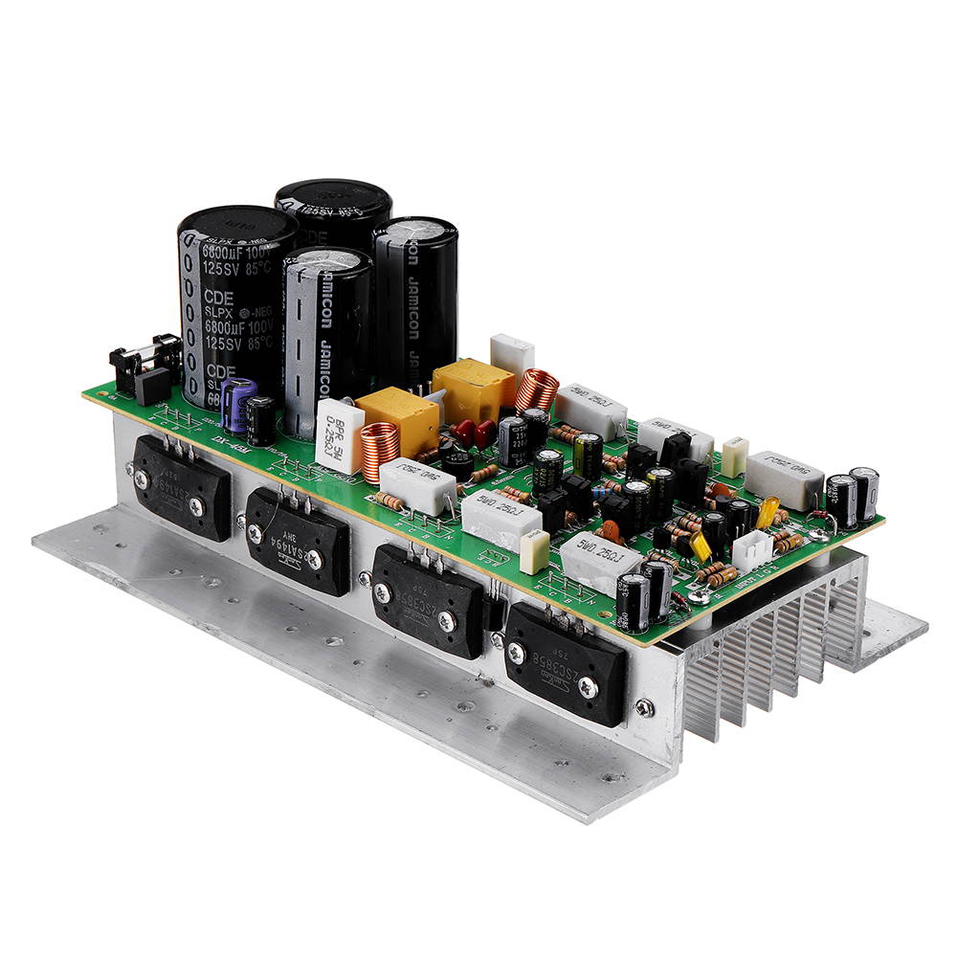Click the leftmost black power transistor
(182, 486)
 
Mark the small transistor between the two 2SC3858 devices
(493, 612)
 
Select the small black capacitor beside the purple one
(260, 419)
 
